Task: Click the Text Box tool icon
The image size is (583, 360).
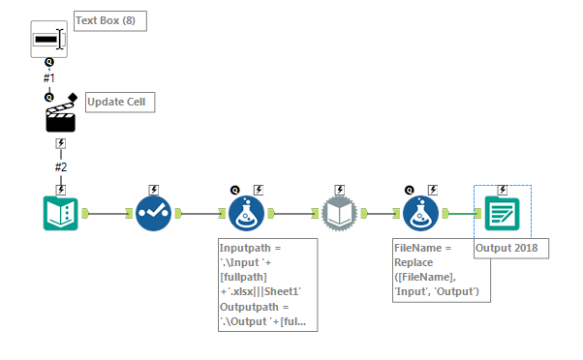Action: [48, 39]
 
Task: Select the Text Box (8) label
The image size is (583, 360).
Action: [110, 21]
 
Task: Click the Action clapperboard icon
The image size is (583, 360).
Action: [61, 118]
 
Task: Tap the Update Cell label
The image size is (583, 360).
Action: [120, 102]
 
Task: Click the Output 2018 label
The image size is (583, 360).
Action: [510, 249]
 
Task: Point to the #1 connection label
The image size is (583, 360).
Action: [48, 76]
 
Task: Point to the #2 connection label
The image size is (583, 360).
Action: [61, 166]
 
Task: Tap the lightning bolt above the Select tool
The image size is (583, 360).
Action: [153, 190]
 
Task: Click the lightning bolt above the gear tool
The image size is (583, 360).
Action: [339, 190]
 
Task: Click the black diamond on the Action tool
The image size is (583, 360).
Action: [73, 97]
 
